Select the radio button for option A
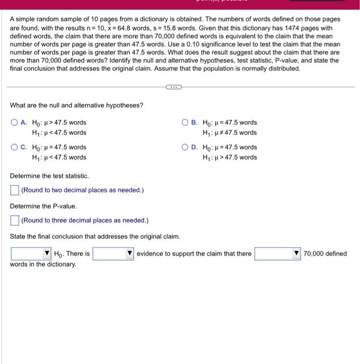(x=15, y=123)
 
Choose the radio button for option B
(x=185, y=123)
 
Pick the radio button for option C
(x=15, y=147)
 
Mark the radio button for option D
(x=185, y=147)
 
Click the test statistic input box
(x=15, y=190)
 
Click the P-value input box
(x=15, y=220)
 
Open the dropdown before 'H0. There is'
(x=31, y=254)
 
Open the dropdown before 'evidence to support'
(x=113, y=254)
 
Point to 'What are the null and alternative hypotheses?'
(x=76, y=106)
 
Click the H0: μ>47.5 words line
(x=59, y=123)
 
